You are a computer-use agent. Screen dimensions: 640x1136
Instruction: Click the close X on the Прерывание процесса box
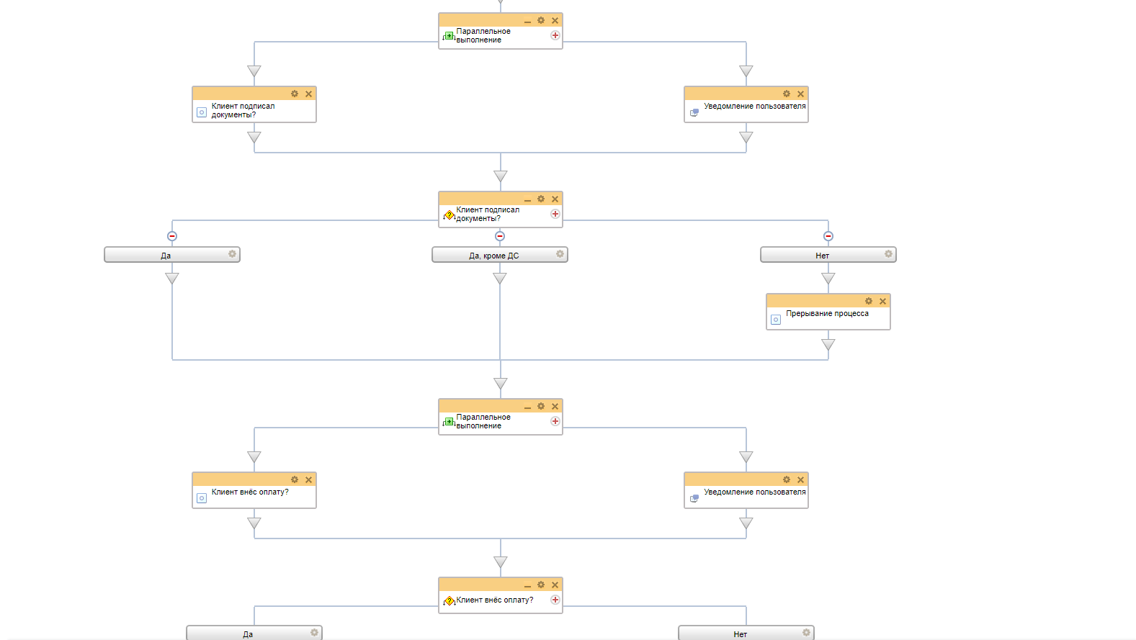pyautogui.click(x=882, y=302)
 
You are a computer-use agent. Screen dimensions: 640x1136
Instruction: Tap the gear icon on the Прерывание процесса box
pyautogui.click(x=869, y=301)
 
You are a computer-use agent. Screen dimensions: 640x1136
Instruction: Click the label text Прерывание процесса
pyautogui.click(x=827, y=314)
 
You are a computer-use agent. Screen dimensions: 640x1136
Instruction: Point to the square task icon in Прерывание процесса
pyautogui.click(x=776, y=320)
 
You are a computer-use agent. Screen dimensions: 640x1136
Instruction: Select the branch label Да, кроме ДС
pyautogui.click(x=493, y=256)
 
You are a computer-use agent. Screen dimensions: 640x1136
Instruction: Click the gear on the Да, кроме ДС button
pyautogui.click(x=560, y=254)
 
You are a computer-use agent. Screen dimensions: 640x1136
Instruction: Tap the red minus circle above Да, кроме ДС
pyautogui.click(x=500, y=236)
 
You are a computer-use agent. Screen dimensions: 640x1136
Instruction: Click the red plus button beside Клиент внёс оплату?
pyautogui.click(x=555, y=600)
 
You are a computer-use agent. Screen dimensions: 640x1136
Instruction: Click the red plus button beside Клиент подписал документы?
pyautogui.click(x=555, y=214)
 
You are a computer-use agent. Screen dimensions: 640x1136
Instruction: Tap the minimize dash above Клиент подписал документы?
pyautogui.click(x=527, y=200)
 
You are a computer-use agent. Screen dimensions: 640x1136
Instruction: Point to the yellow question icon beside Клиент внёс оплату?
pyautogui.click(x=450, y=601)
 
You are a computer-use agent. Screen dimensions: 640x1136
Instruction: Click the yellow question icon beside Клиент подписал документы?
pyautogui.click(x=450, y=215)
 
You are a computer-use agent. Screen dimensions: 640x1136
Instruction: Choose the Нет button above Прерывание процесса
pyautogui.click(x=822, y=256)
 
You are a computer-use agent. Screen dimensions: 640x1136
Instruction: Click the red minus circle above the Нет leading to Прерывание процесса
pyautogui.click(x=828, y=236)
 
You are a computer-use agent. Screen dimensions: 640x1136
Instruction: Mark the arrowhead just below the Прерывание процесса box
pyautogui.click(x=828, y=345)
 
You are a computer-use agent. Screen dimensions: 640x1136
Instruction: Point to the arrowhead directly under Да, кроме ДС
pyautogui.click(x=500, y=279)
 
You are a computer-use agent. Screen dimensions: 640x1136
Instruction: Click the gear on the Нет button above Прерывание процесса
pyautogui.click(x=888, y=254)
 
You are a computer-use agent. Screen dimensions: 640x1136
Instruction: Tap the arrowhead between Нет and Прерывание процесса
pyautogui.click(x=828, y=279)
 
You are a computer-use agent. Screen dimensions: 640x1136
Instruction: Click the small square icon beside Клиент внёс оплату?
pyautogui.click(x=202, y=498)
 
